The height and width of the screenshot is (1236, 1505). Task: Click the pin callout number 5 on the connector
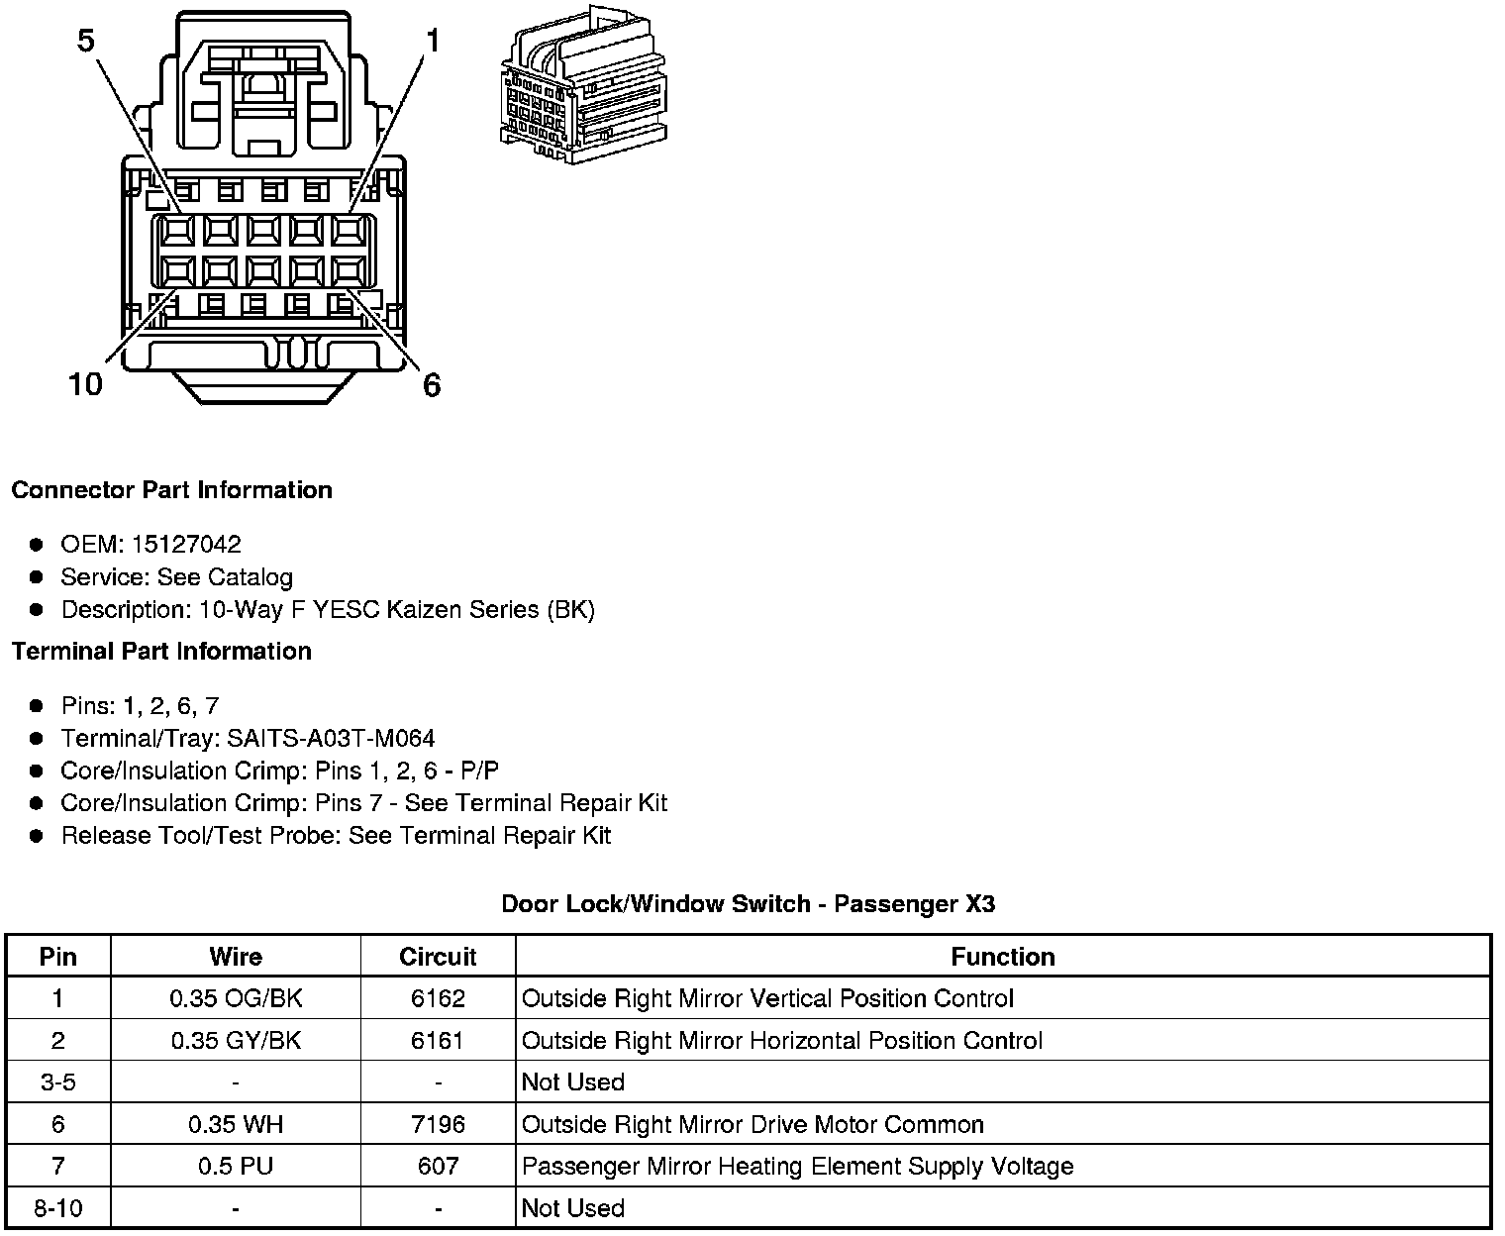[86, 41]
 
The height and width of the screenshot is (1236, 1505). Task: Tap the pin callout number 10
[85, 384]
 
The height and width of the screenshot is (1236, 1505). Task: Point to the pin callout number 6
[431, 384]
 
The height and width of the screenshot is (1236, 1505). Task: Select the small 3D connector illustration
[580, 83]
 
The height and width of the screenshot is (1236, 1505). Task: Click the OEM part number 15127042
[186, 544]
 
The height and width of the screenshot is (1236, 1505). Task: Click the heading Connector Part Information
[171, 490]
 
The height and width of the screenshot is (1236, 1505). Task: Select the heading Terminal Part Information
[161, 651]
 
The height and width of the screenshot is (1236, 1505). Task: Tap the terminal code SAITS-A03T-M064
[331, 738]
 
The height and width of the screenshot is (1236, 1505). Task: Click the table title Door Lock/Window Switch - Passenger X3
[748, 903]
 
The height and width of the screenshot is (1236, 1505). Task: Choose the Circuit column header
[438, 957]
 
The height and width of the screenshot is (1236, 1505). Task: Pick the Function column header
[1002, 957]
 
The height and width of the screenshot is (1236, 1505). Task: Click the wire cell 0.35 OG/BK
[236, 998]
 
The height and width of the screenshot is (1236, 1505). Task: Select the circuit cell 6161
[438, 1040]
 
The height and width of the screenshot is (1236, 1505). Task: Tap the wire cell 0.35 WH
[236, 1124]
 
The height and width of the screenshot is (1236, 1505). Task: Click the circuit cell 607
[438, 1166]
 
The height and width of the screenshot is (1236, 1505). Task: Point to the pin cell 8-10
[57, 1208]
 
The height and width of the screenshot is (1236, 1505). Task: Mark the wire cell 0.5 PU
[236, 1166]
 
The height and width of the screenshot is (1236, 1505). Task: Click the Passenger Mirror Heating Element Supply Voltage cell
[797, 1166]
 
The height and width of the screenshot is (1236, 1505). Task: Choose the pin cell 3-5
[57, 1081]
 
